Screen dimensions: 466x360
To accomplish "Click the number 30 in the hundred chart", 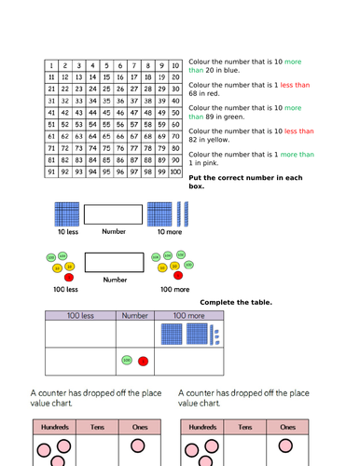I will (175, 89).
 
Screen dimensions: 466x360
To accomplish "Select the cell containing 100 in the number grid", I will (175, 171).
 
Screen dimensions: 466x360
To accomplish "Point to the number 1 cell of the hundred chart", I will (50, 65).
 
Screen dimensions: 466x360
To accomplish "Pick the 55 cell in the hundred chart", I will (105, 124).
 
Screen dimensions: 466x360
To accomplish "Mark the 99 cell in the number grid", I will (160, 171).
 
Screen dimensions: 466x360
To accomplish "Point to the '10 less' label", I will (67, 231).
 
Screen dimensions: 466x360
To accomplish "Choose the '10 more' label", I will (170, 231).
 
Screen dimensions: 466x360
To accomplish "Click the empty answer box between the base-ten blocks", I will (114, 214).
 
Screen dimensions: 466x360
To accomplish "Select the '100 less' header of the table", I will (81, 316).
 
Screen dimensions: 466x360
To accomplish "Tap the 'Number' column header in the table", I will (137, 316).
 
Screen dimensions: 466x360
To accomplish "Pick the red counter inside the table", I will (143, 361).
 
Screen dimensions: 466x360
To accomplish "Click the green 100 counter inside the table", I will (128, 360).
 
